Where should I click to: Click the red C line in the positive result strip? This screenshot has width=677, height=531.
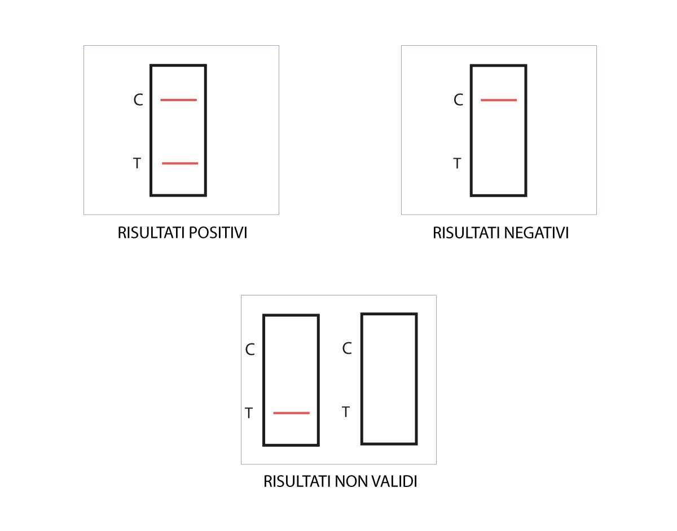[x=178, y=100]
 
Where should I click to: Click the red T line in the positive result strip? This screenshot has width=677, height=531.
[x=180, y=163]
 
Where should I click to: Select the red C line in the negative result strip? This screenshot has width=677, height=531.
[x=499, y=100]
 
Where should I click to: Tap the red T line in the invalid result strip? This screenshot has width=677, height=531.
[x=291, y=413]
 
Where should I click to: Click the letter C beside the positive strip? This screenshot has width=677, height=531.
[x=138, y=101]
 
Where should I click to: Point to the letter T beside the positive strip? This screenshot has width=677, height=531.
[x=137, y=164]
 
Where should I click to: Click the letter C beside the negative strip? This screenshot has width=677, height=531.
[x=458, y=101]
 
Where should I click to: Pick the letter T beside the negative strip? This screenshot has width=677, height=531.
[x=458, y=164]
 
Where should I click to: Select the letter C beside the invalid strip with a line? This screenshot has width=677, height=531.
[x=250, y=350]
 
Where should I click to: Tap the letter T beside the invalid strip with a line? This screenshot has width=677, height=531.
[x=249, y=414]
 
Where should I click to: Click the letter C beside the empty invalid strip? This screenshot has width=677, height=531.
[x=347, y=349]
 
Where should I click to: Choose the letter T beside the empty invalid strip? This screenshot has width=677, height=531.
[x=346, y=412]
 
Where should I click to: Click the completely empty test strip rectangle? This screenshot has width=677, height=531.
[x=389, y=378]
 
